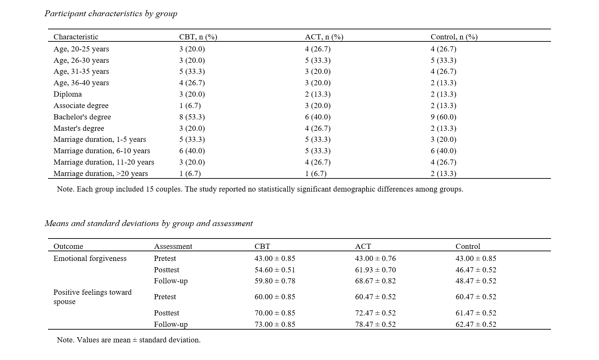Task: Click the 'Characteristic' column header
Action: (76, 37)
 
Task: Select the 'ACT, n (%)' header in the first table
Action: (324, 37)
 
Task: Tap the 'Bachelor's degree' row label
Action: (82, 117)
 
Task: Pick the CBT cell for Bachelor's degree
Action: (192, 117)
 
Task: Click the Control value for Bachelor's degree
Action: (444, 117)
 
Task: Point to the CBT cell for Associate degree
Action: (190, 106)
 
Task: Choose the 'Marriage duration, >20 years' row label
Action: (101, 174)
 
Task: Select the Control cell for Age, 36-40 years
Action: (444, 83)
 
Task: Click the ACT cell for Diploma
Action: (318, 94)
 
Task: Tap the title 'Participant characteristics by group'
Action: (111, 13)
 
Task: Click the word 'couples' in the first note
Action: (167, 189)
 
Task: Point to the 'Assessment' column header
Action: (173, 246)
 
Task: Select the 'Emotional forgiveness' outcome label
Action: (90, 259)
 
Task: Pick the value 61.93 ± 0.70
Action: (375, 270)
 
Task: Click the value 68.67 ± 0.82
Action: (375, 281)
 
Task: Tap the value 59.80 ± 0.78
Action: (275, 281)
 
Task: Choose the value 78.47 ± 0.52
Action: (375, 324)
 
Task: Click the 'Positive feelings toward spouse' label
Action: (93, 297)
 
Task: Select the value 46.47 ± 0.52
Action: (476, 270)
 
